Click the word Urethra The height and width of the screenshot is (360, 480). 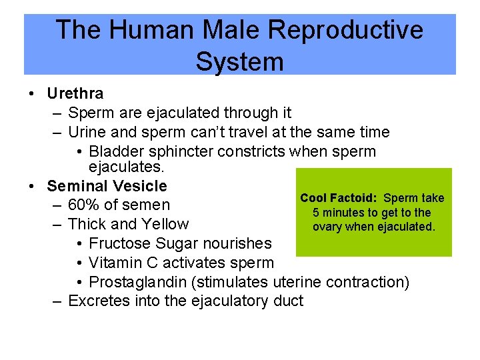click(x=75, y=94)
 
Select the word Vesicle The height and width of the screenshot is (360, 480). click(x=140, y=186)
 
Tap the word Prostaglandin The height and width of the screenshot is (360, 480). click(x=138, y=282)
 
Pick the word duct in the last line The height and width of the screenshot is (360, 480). click(x=288, y=301)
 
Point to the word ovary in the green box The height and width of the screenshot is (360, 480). click(x=326, y=227)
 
